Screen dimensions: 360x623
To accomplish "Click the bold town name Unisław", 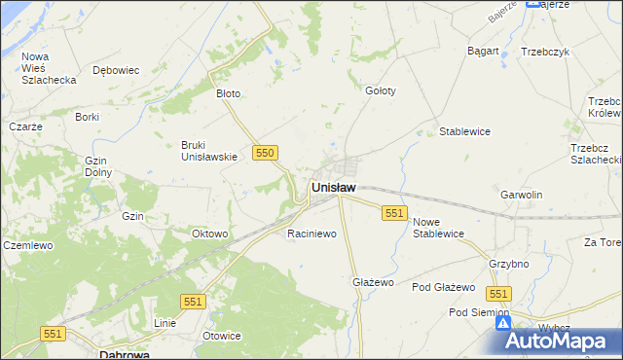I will tap(333, 187).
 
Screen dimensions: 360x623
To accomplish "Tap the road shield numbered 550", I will tap(266, 153).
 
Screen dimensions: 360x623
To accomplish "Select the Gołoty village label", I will tap(380, 90).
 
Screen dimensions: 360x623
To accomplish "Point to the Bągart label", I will tap(483, 51).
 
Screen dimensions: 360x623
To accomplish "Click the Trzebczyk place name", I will tap(544, 52).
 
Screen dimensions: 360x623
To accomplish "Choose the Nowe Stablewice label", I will tap(438, 228).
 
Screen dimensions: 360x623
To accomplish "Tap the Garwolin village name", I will tap(521, 195).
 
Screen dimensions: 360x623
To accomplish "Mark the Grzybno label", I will tap(509, 264).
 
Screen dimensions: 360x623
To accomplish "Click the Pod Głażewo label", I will tap(443, 288).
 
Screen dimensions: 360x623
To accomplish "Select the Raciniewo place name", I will tap(311, 234).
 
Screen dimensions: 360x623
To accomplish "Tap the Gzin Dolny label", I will tap(98, 166).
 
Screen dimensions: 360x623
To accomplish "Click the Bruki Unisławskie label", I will tap(209, 151).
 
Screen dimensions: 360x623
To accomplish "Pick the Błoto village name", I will tap(228, 94).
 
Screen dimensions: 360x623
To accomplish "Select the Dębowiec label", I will tap(116, 70).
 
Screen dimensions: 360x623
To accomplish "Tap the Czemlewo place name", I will tap(26, 246).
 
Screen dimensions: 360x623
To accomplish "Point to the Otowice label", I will tap(221, 336).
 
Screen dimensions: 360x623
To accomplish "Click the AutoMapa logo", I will tap(559, 340).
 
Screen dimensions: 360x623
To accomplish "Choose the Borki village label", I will tap(88, 117).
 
